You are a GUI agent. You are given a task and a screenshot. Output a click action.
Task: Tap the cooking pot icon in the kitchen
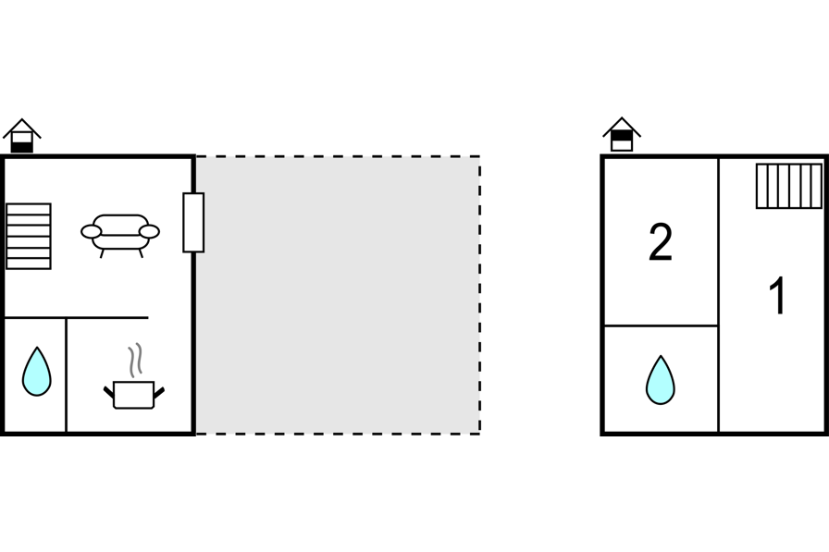(x=134, y=395)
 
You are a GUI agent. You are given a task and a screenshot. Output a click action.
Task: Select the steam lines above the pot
(x=135, y=360)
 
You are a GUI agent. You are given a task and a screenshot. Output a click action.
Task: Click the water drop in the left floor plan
(x=36, y=372)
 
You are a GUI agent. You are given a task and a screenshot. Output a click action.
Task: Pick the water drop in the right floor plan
(x=661, y=381)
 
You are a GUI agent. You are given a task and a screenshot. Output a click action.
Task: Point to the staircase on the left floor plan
(x=29, y=236)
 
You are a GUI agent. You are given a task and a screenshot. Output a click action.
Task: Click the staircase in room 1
(x=789, y=186)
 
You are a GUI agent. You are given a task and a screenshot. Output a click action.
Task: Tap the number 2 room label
(x=661, y=242)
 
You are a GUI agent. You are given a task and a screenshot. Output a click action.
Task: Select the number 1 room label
(x=778, y=296)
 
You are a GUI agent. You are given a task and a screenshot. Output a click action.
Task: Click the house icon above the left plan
(x=21, y=136)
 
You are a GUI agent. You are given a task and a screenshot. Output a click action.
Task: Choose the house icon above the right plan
(x=622, y=134)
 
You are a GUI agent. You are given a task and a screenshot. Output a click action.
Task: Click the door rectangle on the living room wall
(x=193, y=223)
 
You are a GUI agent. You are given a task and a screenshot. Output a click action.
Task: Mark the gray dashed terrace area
(x=339, y=295)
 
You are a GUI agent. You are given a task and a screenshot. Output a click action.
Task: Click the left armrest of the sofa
(x=91, y=231)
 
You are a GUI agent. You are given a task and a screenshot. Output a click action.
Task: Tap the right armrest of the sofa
(x=149, y=231)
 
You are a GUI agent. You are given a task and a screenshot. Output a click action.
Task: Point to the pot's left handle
(x=108, y=392)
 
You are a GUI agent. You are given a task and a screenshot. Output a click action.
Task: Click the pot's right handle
(x=159, y=392)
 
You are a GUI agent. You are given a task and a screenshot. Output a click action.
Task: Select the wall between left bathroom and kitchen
(x=66, y=375)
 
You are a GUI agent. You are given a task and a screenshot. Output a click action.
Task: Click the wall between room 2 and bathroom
(x=661, y=325)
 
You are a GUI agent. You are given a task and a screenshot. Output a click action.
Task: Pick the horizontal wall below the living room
(x=76, y=318)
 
